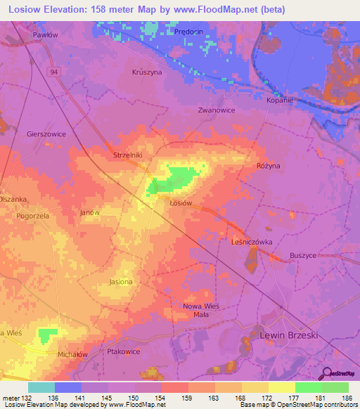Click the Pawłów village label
[45, 34]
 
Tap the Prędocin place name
[188, 31]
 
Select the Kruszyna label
[146, 72]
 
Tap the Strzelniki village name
[128, 155]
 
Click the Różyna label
[267, 166]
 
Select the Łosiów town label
[181, 202]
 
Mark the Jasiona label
[121, 282]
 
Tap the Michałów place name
[72, 355]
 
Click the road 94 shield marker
[53, 72]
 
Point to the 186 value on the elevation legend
[343, 398]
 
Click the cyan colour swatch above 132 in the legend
[41, 387]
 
